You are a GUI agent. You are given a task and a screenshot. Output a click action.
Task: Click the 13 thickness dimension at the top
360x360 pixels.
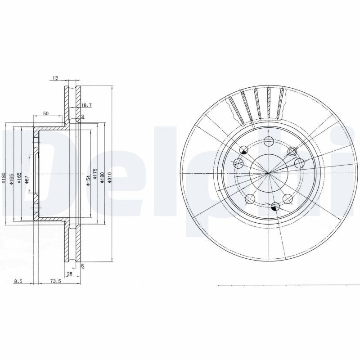[x=55, y=78]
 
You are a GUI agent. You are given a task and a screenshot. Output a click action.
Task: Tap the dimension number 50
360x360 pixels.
[x=46, y=114]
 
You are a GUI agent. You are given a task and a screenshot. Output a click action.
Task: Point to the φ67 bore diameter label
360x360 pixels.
[x=27, y=180]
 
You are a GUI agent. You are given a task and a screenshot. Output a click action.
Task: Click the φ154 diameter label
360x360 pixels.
[x=88, y=180]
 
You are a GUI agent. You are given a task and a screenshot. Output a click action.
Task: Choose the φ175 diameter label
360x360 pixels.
[x=95, y=174]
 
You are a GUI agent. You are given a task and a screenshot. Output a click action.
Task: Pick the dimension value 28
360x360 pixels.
[x=69, y=274]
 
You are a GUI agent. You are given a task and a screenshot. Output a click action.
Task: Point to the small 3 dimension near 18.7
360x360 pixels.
[x=82, y=117]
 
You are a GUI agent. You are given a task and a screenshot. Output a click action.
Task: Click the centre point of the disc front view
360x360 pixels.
[x=269, y=173]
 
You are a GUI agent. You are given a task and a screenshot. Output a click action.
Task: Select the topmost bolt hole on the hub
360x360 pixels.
[x=269, y=140]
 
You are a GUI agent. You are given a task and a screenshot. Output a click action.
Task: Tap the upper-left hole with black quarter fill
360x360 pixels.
[x=244, y=150]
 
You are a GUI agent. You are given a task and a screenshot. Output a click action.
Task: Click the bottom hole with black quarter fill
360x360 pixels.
[x=276, y=206]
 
